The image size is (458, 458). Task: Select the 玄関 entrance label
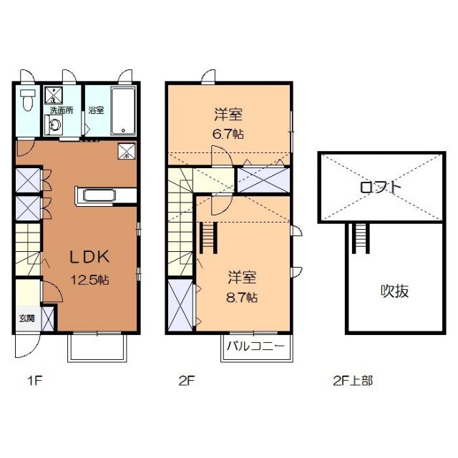pos(26,318)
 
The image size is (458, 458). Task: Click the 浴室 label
pos(96,110)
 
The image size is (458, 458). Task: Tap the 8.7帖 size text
pos(243,296)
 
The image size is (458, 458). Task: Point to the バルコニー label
pos(255,346)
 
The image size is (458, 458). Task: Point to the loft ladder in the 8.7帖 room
pos(210,238)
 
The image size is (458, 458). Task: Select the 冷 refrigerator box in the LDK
pos(125,151)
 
